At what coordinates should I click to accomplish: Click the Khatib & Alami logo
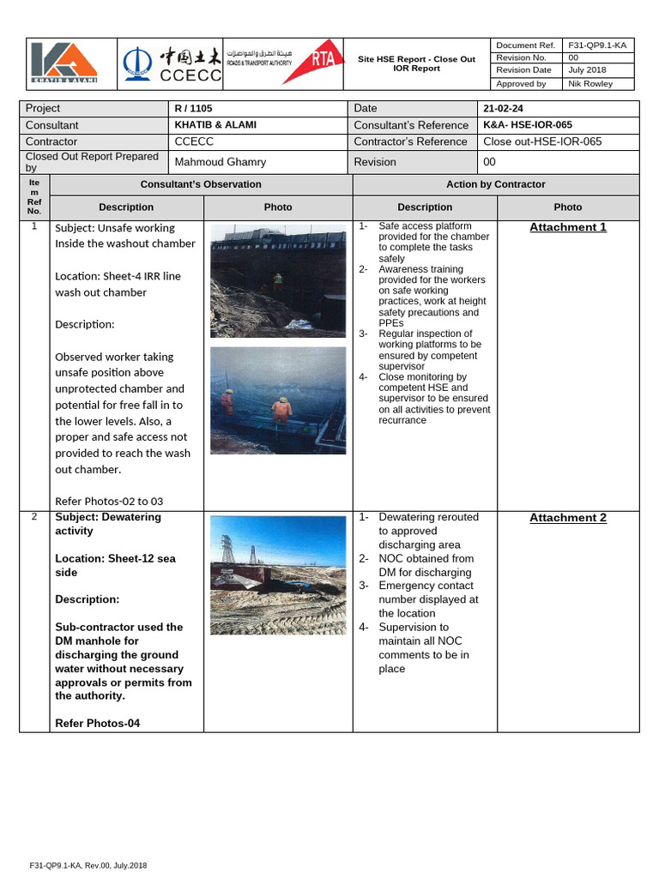[64, 63]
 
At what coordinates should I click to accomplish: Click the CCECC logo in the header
[172, 64]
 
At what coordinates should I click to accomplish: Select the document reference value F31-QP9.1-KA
[596, 45]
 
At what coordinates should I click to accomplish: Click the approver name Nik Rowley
[589, 84]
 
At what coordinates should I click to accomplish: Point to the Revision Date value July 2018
[587, 70]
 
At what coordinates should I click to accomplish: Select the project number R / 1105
[193, 108]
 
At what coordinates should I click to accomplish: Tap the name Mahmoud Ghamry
[220, 162]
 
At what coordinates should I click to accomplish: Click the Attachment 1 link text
[567, 227]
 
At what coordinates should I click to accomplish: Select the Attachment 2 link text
[567, 518]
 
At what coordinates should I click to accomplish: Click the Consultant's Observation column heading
[201, 184]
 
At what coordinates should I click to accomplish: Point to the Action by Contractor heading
[495, 184]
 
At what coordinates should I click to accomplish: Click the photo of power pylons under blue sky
[278, 575]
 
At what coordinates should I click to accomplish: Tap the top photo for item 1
[278, 281]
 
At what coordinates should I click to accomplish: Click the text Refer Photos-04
[97, 724]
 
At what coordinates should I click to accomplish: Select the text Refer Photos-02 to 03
[109, 502]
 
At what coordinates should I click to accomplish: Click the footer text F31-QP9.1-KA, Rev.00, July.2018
[88, 866]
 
